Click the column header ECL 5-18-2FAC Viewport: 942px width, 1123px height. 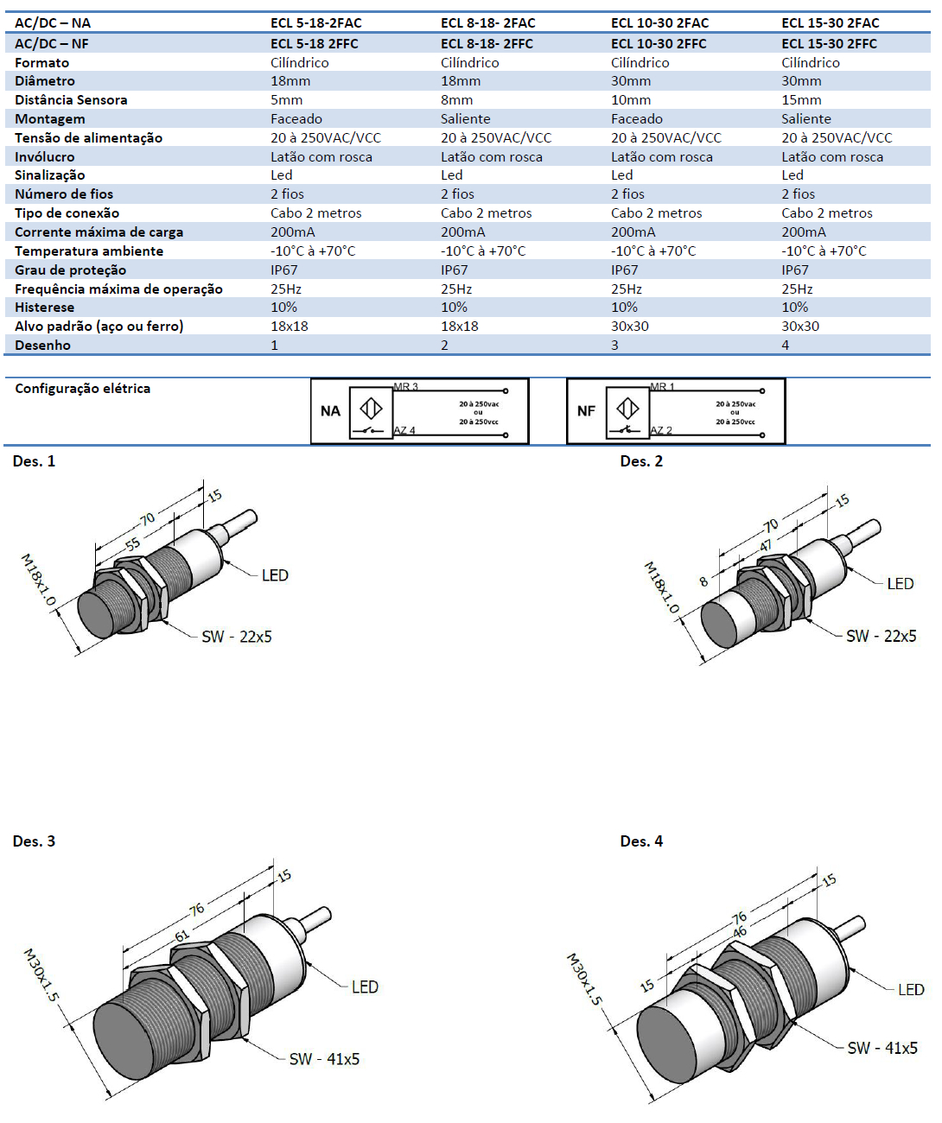[315, 23]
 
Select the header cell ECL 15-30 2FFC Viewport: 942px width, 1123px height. [829, 43]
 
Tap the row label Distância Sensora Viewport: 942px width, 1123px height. [71, 100]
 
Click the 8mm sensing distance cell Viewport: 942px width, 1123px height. [456, 100]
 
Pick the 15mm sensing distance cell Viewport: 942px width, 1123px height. [801, 100]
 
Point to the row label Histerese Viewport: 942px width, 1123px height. [44, 308]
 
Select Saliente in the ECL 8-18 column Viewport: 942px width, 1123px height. [465, 119]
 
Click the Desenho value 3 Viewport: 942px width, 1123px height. [614, 346]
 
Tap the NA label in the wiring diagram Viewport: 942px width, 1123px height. [330, 411]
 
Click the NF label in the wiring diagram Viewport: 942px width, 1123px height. [586, 411]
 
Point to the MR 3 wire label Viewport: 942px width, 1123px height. [405, 387]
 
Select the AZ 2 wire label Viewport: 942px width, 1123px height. [661, 430]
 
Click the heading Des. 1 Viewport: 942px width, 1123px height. [34, 461]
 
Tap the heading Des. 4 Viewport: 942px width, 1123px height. [641, 841]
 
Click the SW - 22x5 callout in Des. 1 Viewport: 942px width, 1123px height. [236, 637]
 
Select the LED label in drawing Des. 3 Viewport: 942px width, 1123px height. [365, 987]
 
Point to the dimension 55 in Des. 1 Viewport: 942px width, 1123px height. [132, 545]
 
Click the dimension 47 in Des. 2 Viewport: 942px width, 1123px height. [766, 546]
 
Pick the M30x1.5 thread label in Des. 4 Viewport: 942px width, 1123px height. [583, 979]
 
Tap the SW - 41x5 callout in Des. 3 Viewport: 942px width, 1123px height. [324, 1059]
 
